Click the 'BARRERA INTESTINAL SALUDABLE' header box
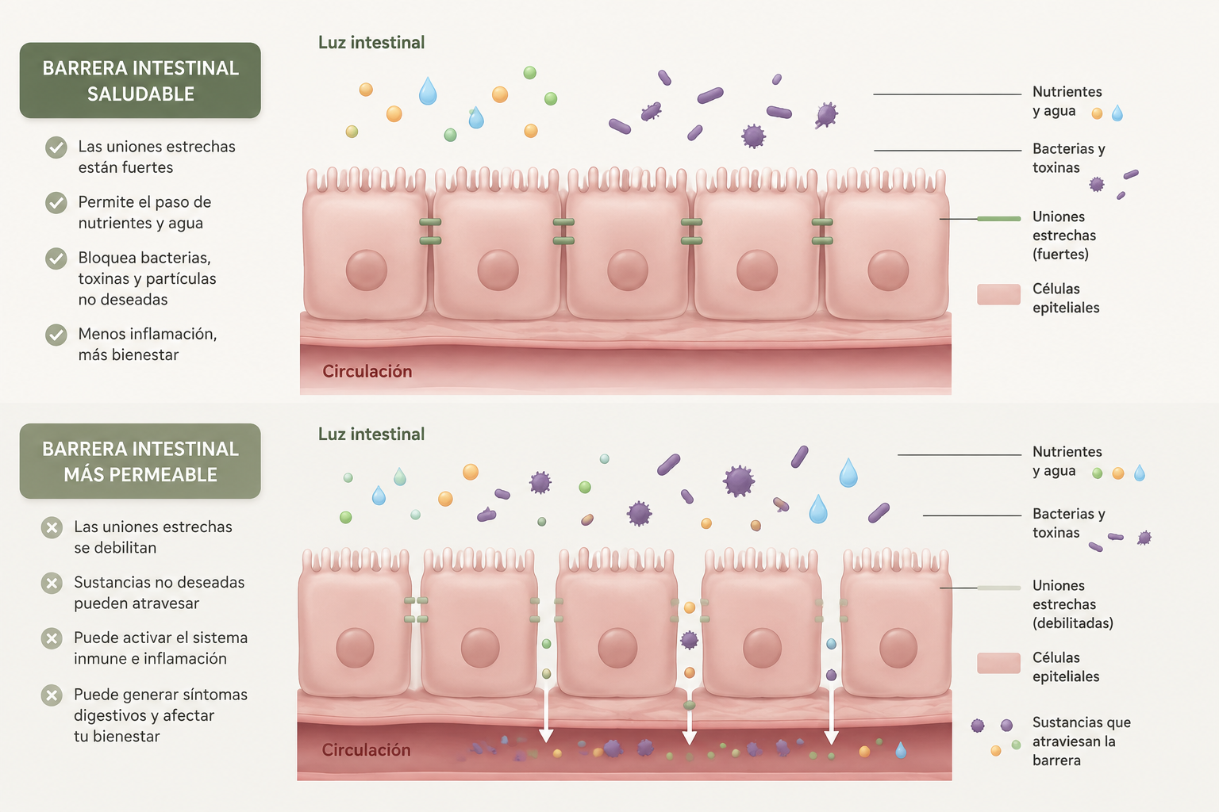click(140, 81)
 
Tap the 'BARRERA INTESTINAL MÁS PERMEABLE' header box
click(140, 462)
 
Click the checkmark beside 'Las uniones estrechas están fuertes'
click(56, 147)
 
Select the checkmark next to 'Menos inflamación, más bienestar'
click(56, 335)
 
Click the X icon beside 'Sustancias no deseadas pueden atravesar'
click(52, 584)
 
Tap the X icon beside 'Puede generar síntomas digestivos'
click(52, 695)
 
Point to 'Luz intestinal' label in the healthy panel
click(371, 42)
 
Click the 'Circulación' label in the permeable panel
click(366, 750)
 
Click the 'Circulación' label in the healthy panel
click(367, 371)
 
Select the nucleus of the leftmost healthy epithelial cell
click(366, 270)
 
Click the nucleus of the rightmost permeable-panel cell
click(898, 648)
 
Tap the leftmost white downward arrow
click(546, 712)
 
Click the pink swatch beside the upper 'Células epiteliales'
click(998, 294)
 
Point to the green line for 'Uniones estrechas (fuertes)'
click(998, 219)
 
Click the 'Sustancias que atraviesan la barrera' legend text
click(1082, 741)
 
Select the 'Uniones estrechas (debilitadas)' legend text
click(1073, 604)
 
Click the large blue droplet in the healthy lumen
click(428, 90)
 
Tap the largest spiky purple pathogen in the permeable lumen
click(739, 481)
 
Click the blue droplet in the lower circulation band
click(901, 750)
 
